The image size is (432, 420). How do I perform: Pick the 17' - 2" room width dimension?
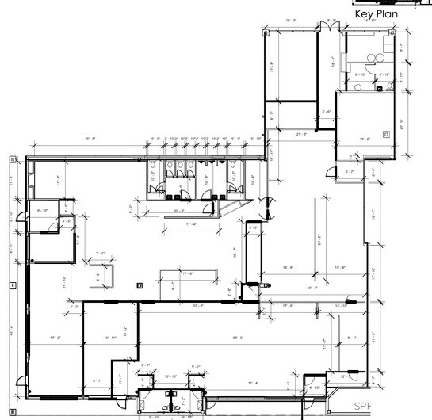click(55, 338)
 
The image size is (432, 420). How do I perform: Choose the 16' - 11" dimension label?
click(110, 338)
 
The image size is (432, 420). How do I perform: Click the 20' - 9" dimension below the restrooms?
click(180, 211)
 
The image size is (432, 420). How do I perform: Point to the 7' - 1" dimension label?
click(100, 254)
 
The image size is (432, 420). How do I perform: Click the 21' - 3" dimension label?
click(300, 134)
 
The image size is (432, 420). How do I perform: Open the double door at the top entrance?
click(325, 29)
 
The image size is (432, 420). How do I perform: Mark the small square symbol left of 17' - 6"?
click(140, 284)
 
